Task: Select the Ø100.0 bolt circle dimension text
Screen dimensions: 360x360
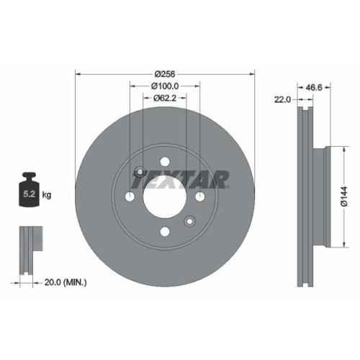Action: click(x=166, y=86)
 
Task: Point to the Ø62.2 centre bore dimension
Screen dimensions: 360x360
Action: click(x=166, y=99)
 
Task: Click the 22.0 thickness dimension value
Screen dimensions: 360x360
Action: click(x=282, y=99)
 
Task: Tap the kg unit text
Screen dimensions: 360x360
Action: click(x=47, y=195)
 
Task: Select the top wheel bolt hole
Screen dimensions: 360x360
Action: click(x=165, y=162)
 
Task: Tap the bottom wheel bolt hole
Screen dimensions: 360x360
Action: click(x=165, y=231)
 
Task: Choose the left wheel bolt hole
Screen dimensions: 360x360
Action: click(x=130, y=197)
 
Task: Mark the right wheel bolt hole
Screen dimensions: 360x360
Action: click(x=199, y=197)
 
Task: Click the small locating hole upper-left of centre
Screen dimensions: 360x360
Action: click(x=140, y=172)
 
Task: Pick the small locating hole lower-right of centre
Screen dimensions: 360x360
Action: click(x=189, y=221)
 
